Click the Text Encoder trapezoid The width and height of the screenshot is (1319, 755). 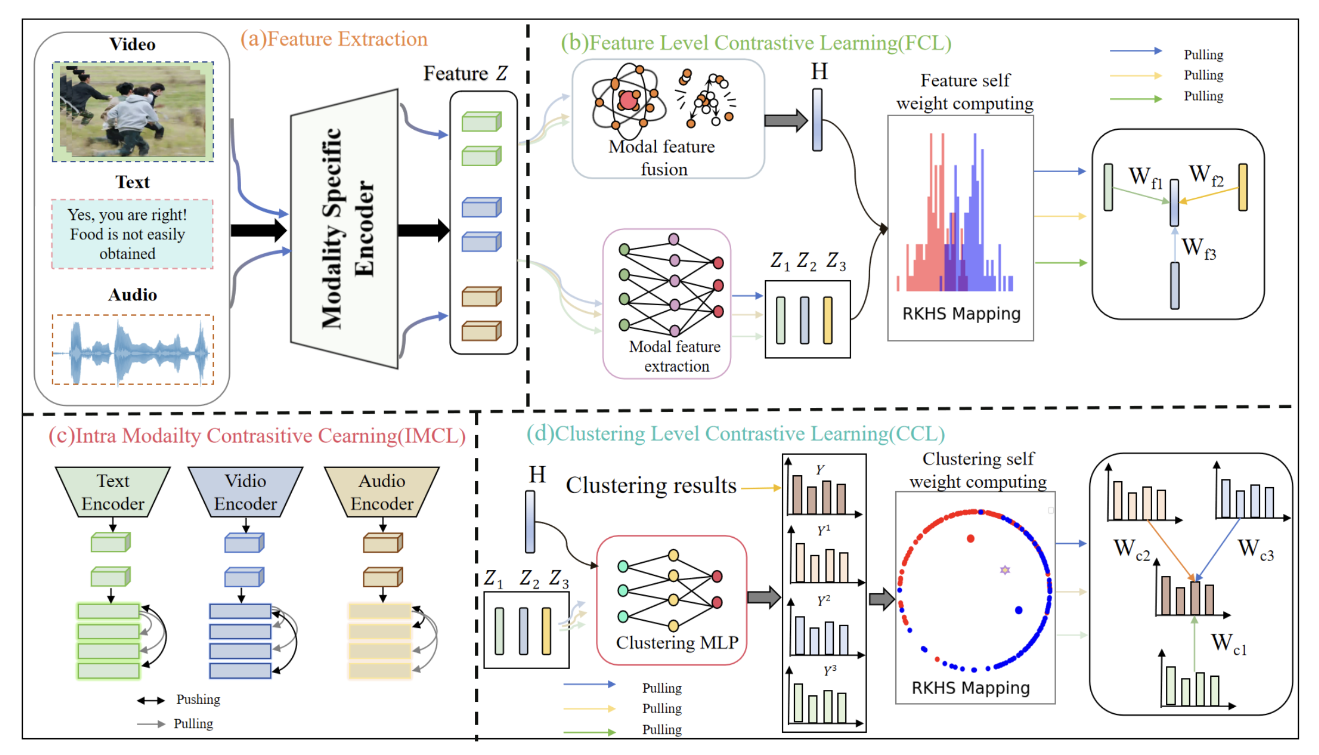[x=113, y=492]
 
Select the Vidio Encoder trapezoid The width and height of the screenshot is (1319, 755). [x=246, y=492]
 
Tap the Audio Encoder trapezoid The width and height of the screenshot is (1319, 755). [x=382, y=492]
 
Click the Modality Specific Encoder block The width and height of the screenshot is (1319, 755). [x=344, y=228]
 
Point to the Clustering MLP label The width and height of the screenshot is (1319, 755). [x=677, y=643]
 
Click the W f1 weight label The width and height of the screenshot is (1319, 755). [x=1145, y=177]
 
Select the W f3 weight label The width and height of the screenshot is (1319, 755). [x=1198, y=248]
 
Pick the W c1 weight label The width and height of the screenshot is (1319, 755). [x=1228, y=643]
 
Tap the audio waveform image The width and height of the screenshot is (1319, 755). [x=133, y=350]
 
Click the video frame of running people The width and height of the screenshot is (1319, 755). [x=133, y=111]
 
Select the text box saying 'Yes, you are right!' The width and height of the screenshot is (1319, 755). [x=132, y=234]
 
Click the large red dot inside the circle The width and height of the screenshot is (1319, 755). [x=970, y=538]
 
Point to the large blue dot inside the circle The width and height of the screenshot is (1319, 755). [x=1019, y=610]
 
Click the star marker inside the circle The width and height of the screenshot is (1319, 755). [x=1005, y=570]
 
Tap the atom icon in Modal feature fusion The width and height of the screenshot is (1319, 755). [x=628, y=100]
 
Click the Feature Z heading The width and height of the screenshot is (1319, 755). [x=465, y=73]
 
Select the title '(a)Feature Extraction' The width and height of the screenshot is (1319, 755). [x=334, y=39]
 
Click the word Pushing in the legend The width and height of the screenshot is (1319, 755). [x=198, y=700]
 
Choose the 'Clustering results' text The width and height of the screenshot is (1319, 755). [x=651, y=485]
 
